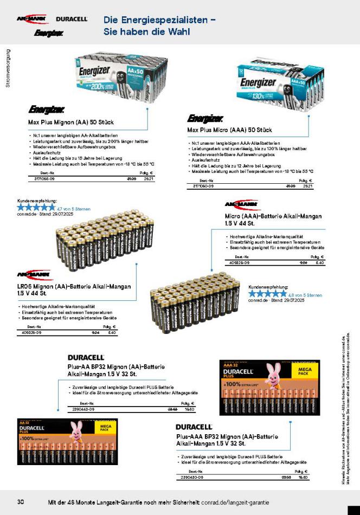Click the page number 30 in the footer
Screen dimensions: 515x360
coord(21,501)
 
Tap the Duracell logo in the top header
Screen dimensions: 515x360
coord(72,19)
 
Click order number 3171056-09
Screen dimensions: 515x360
coord(44,178)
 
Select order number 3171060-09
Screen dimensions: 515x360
coord(203,186)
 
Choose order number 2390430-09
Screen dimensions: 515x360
coord(192,477)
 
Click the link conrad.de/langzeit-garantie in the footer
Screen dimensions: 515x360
coord(235,501)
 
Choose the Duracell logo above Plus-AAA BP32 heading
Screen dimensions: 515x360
coord(194,427)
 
